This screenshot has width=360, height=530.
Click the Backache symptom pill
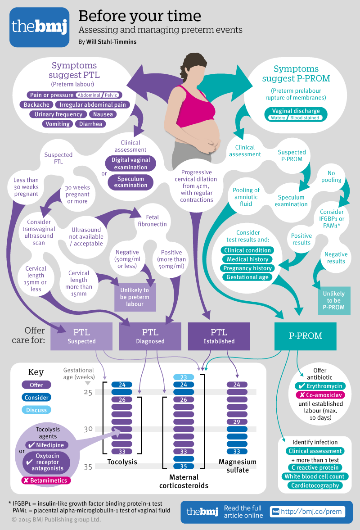coord(37,105)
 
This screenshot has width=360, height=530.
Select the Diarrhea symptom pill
coord(90,124)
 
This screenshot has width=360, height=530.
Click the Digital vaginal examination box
coord(130,163)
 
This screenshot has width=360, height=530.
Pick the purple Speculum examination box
coord(130,181)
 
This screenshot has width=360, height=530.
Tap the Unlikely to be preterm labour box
coord(135,297)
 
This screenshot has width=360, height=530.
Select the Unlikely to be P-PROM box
coord(334,300)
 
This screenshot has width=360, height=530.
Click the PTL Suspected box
coord(81,336)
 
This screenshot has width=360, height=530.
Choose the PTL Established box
coord(219,336)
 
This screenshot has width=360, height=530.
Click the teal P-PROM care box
coord(306,336)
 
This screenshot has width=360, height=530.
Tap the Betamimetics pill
coord(46,480)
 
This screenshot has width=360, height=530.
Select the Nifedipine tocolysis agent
coord(46,445)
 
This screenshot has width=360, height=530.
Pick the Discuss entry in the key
coord(36,410)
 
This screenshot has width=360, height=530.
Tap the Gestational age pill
coord(247,277)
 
